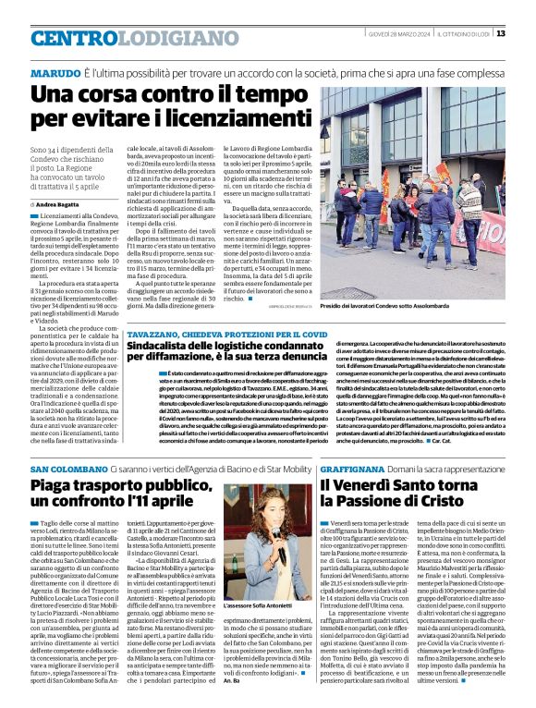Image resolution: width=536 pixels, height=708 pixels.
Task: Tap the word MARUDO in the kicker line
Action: pyautogui.click(x=55, y=73)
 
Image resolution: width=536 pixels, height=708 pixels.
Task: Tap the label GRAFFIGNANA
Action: pyautogui.click(x=355, y=470)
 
